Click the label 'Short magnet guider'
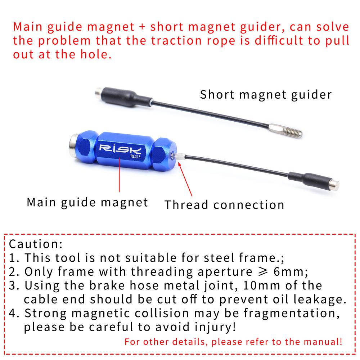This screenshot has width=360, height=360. (266, 95)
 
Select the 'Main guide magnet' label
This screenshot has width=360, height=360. (87, 202)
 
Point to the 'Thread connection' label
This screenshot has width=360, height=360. (224, 205)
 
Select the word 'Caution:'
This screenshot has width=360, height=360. (36, 244)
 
